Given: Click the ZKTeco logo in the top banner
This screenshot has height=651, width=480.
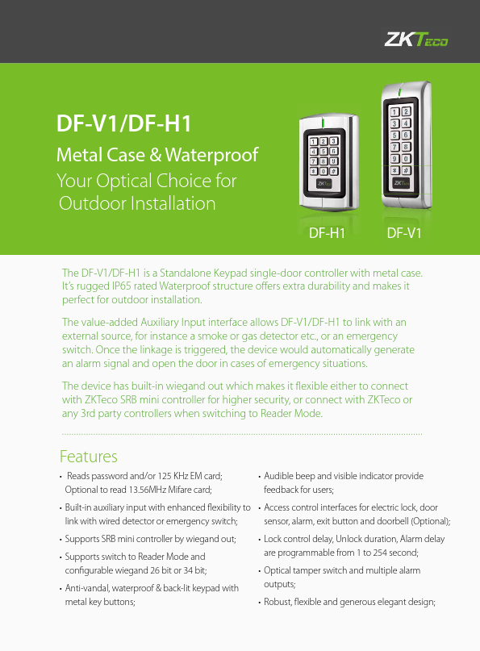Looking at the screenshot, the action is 416,40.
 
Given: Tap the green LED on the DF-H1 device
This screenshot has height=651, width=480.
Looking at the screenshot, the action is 323,123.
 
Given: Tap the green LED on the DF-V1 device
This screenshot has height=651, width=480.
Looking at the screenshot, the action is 400,91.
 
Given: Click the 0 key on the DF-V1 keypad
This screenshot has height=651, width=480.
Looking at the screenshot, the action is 406,159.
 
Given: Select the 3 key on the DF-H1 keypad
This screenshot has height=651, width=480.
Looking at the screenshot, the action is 333,142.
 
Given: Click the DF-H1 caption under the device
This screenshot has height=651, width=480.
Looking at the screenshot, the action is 327,233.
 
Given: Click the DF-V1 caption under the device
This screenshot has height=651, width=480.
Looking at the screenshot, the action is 404,233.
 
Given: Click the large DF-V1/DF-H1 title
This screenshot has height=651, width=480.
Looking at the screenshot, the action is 123,123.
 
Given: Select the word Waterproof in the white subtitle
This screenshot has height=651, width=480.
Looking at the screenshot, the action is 211,155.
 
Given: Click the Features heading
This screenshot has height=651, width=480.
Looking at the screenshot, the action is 89,457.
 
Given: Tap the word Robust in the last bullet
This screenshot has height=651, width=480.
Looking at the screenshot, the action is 278,602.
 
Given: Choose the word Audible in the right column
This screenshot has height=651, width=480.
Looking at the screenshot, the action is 278,476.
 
